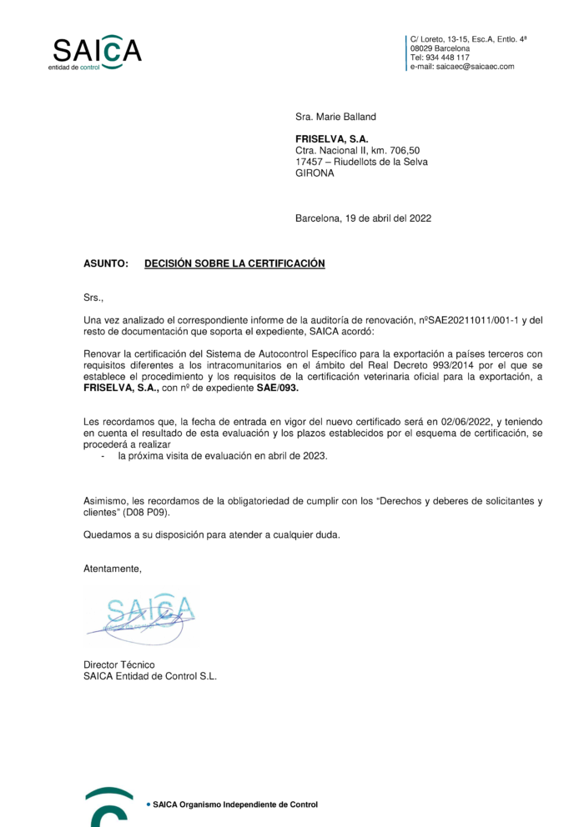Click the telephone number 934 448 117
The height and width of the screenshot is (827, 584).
tap(447, 58)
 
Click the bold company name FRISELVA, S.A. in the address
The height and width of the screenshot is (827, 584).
tap(331, 138)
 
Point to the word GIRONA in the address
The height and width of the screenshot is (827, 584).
tap(315, 173)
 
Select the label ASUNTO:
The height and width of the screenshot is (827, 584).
tap(106, 263)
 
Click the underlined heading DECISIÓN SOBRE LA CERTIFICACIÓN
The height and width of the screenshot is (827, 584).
tap(234, 263)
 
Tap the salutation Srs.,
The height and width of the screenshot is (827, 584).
tap(93, 297)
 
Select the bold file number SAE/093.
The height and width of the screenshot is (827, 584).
tap(277, 388)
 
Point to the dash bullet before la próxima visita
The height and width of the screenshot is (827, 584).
tap(103, 457)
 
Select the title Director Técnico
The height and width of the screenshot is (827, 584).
tap(119, 664)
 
